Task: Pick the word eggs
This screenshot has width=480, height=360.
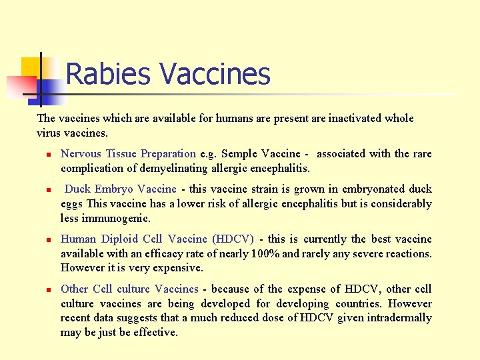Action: coord(72,204)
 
